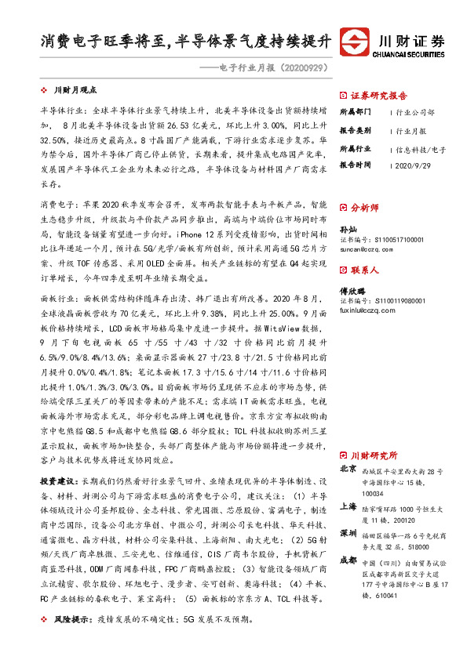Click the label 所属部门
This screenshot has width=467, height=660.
click(x=355, y=112)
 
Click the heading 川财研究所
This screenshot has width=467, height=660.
click(x=374, y=455)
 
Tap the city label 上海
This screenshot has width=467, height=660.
click(x=348, y=506)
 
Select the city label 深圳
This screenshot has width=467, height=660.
click(x=348, y=533)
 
